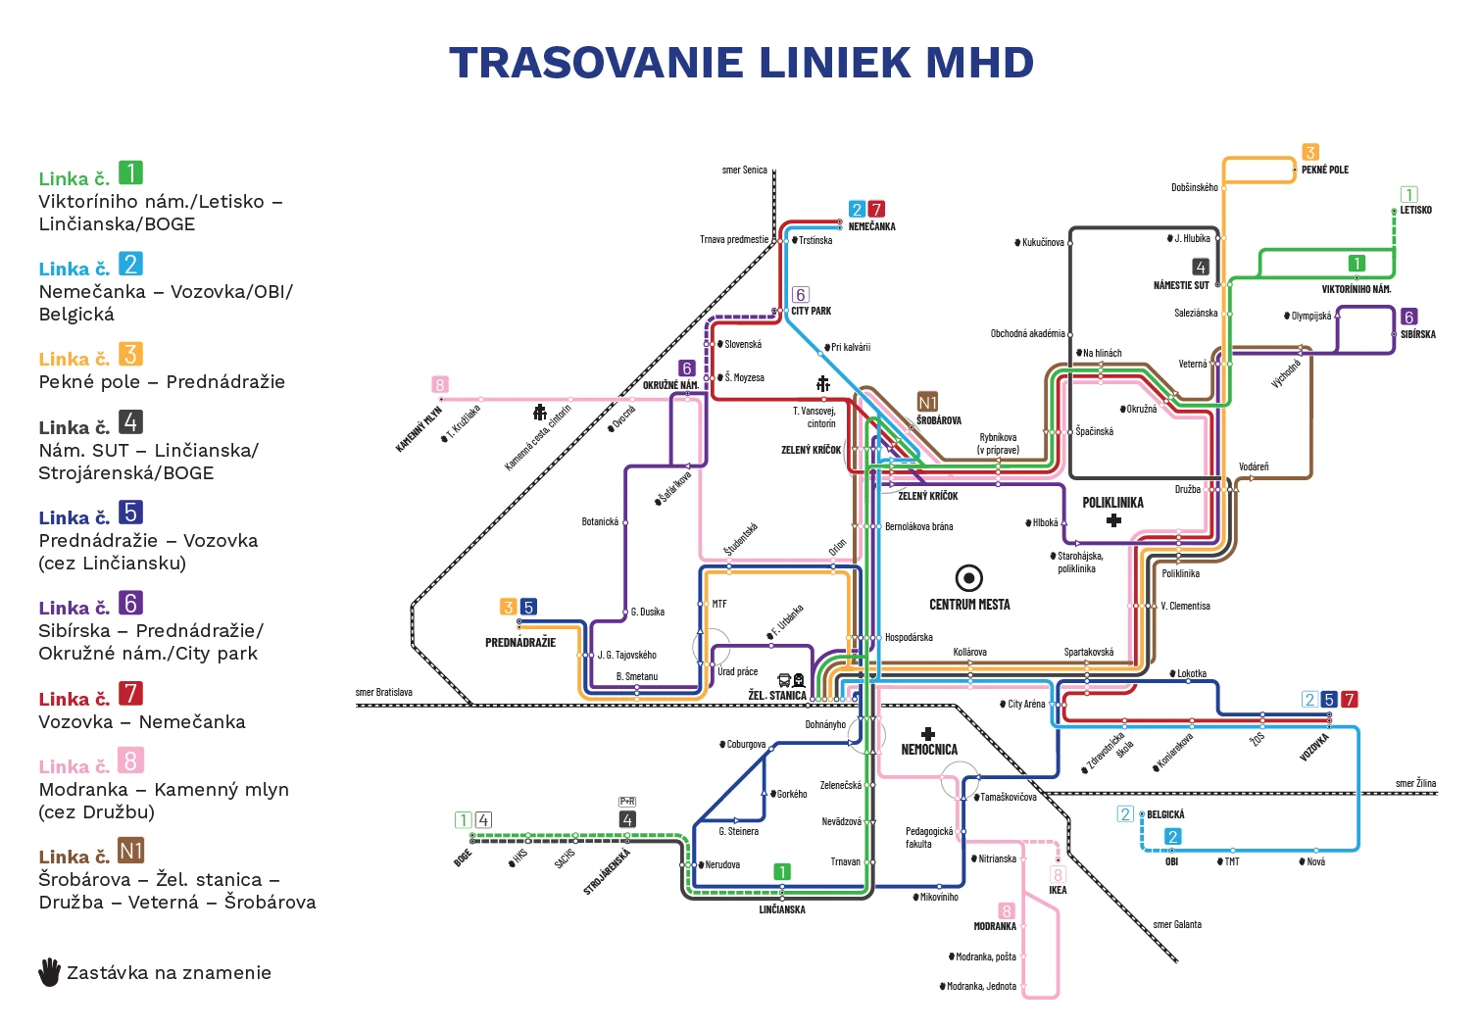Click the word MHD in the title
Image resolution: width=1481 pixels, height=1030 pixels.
979,63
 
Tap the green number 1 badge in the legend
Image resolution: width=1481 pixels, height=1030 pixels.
130,172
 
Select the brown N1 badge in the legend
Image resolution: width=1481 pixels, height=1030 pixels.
130,851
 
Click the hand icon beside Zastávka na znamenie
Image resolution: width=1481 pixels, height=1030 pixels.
49,972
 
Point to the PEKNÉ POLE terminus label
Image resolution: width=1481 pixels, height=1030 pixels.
1324,170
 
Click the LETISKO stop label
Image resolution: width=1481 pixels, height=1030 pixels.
1415,210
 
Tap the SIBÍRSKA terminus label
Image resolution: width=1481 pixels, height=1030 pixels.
1417,334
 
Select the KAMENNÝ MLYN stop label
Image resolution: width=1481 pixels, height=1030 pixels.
419,429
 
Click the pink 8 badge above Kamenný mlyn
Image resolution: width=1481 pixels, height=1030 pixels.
440,385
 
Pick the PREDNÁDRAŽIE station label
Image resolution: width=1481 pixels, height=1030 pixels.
520,643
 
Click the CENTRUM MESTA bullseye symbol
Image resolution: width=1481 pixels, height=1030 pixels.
968,577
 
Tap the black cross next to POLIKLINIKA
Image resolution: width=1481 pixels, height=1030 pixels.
1113,520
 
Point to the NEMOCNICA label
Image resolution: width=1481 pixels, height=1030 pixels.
929,750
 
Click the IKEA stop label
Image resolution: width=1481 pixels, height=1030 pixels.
1058,890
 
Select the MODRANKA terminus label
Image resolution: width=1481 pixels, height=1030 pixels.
995,926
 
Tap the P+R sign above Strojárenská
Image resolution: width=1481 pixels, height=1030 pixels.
627,802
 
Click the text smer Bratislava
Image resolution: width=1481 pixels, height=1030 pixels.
383,692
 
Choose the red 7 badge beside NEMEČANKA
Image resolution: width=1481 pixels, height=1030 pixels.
876,209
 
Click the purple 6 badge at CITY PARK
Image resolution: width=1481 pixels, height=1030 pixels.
800,294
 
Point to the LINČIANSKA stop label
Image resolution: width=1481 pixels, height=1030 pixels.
782,909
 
